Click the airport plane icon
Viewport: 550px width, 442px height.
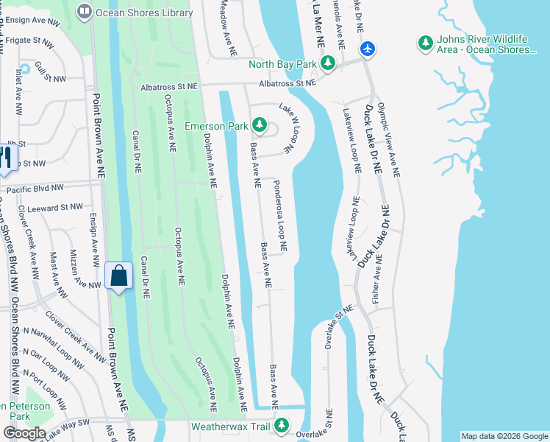coord(368,49)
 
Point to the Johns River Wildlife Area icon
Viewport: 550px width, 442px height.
coord(424,43)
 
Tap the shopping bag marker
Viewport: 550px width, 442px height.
coord(118,277)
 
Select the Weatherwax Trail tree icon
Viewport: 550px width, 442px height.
coord(281,426)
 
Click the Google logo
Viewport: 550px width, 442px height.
coord(24,433)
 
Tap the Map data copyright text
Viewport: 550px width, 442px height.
coord(503,436)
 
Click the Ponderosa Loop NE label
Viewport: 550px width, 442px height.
coord(280,214)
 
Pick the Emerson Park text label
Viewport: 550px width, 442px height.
coord(216,126)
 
